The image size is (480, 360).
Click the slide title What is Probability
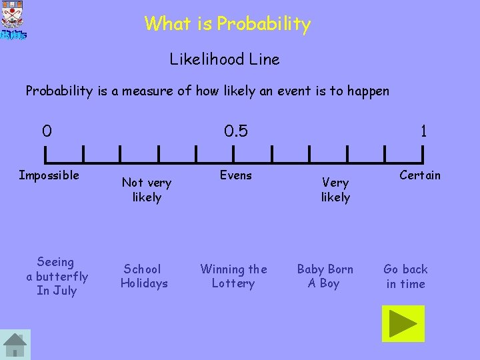coord(227,25)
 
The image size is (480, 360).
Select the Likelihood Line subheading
coord(225,59)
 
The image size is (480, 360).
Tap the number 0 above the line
coord(46,131)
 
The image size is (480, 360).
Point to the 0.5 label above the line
coord(235,131)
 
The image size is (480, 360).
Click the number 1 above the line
coord(423,131)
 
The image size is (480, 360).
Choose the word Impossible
coord(49,175)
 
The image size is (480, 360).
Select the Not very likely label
coord(147,189)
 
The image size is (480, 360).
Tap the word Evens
coord(236,175)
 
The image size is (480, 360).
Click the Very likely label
coord(335,189)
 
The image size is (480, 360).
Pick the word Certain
coord(420,175)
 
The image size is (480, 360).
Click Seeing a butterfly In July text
coord(57,276)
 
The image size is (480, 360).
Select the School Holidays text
coord(143,276)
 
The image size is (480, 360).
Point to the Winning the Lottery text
coord(233,276)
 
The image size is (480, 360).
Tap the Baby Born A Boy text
coord(325,276)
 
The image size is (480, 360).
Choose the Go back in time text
coord(405,276)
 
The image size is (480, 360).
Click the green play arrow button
coord(403,323)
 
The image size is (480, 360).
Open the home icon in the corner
coord(15,345)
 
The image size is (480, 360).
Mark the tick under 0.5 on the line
coord(234,154)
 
